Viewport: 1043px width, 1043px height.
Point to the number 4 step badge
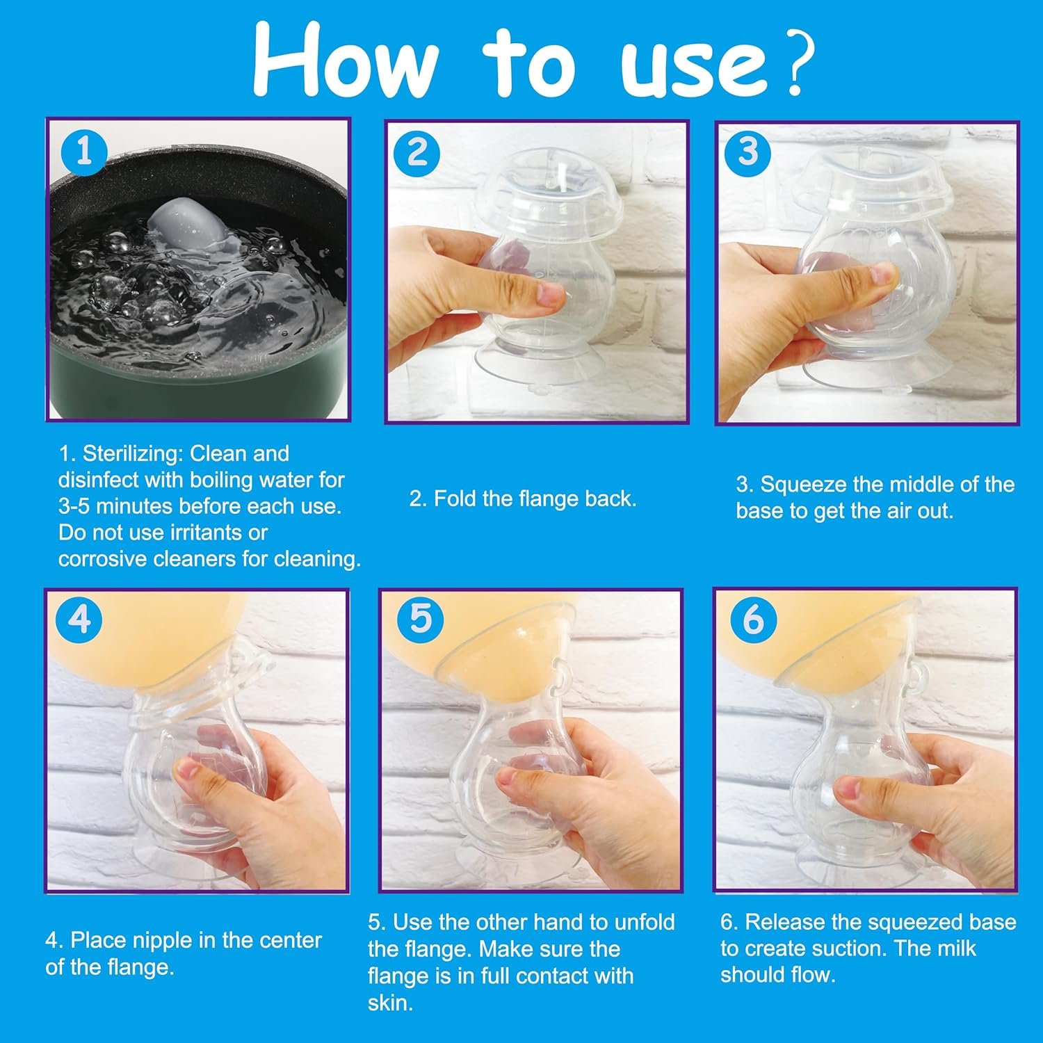click(81, 618)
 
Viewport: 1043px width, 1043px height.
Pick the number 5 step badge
click(421, 618)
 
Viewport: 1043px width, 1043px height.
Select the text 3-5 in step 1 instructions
click(74, 506)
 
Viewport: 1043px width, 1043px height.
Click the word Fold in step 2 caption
click(454, 499)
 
